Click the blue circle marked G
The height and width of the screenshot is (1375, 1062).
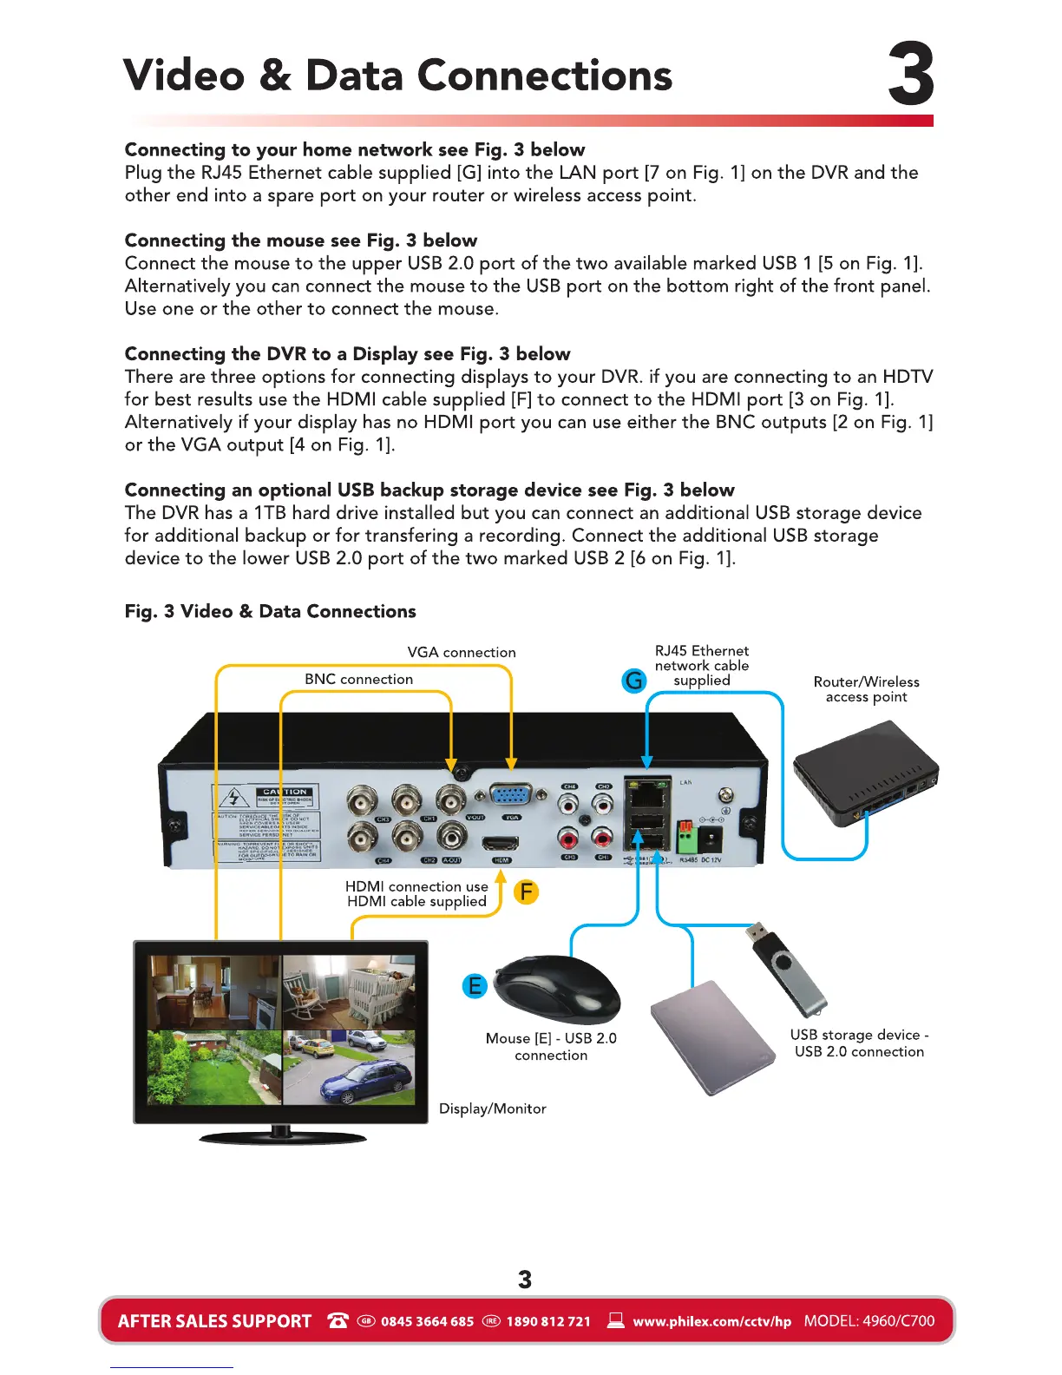point(635,681)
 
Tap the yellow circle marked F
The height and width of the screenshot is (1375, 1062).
point(526,891)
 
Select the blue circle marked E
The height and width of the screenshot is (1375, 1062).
point(475,986)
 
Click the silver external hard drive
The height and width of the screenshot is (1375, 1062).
point(713,1037)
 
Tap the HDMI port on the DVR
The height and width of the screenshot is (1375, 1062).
point(501,843)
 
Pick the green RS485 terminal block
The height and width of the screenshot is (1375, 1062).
point(686,839)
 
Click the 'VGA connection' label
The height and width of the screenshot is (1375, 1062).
point(462,653)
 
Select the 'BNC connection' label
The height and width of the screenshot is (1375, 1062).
point(358,680)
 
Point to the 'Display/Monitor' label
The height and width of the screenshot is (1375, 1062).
point(492,1109)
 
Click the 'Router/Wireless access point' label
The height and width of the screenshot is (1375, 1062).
point(866,689)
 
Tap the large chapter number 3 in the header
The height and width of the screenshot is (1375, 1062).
point(910,76)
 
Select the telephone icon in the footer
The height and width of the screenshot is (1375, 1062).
point(338,1320)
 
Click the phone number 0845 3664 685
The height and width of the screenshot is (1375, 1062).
point(427,1321)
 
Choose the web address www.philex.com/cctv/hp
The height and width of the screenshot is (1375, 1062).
point(711,1321)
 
